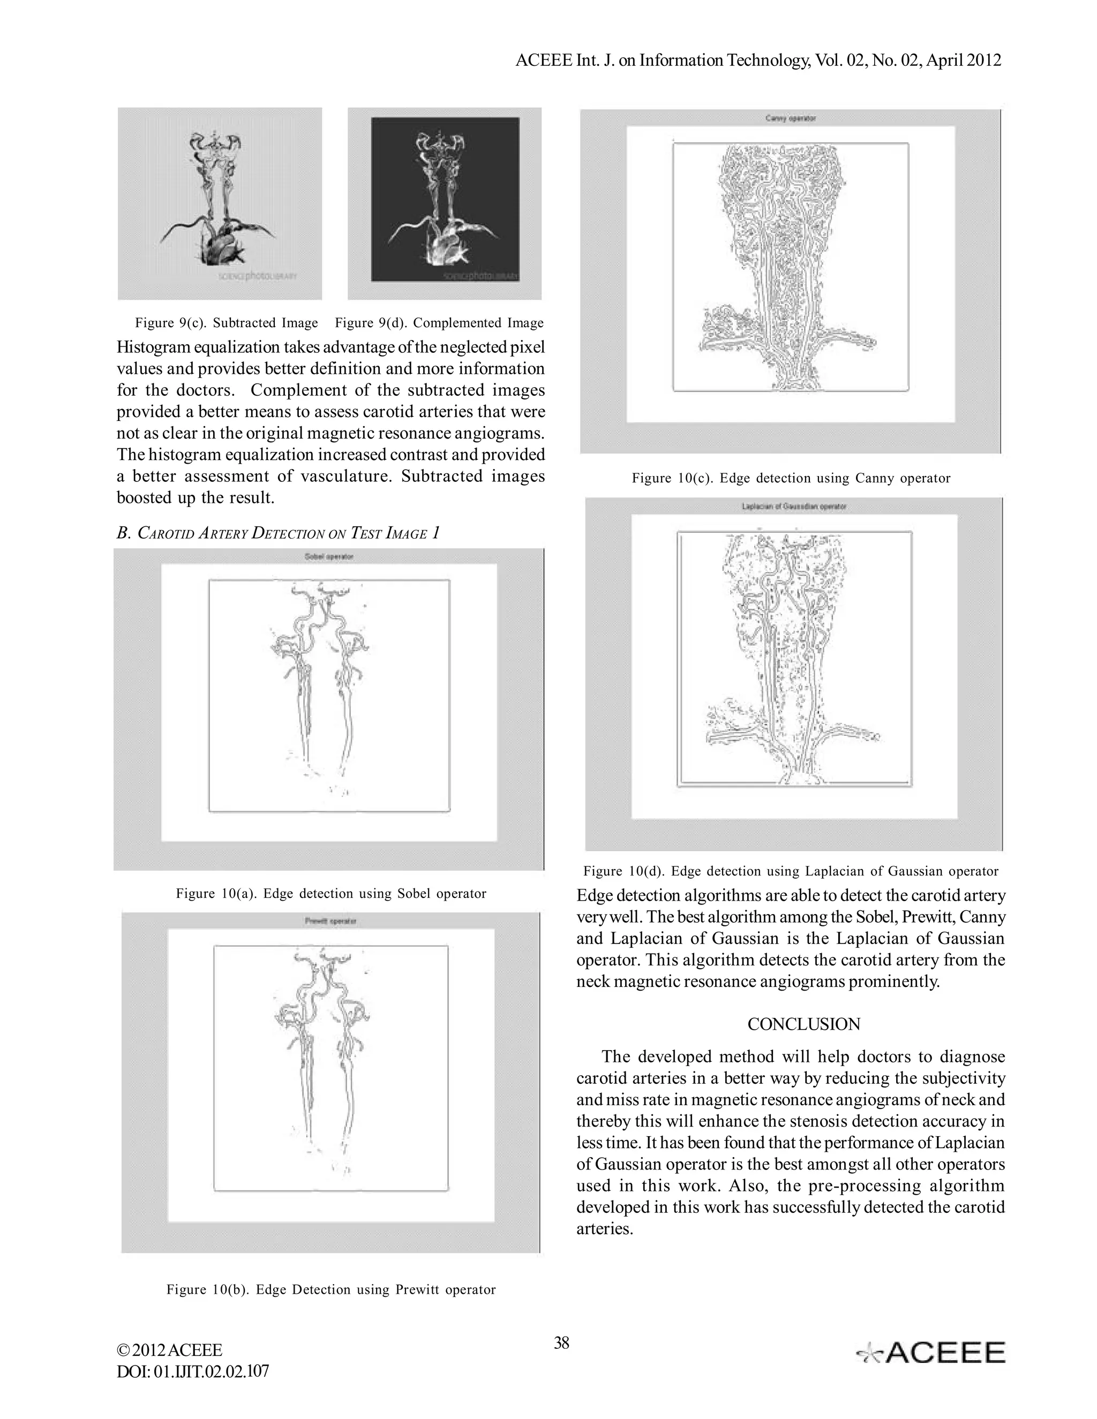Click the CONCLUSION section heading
(x=803, y=1024)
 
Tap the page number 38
(x=561, y=1342)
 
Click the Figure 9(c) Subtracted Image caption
(x=226, y=323)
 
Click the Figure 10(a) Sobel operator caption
(x=331, y=893)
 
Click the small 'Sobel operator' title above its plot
(x=329, y=557)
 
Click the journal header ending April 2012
(x=758, y=61)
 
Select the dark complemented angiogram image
(x=445, y=200)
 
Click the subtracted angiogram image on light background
(x=220, y=203)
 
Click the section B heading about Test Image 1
(x=278, y=533)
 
